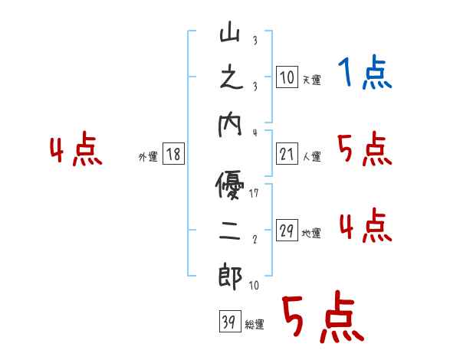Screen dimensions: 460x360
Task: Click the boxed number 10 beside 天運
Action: pos(287,77)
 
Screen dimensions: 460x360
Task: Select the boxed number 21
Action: pos(287,154)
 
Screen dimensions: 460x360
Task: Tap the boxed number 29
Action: pos(287,231)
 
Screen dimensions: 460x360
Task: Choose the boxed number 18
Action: pos(173,154)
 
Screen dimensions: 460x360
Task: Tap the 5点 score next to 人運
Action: pos(365,150)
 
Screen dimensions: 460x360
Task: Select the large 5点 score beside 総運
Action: pos(321,319)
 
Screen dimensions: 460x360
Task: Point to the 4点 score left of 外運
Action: pos(76,150)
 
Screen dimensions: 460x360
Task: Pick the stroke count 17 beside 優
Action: pos(254,193)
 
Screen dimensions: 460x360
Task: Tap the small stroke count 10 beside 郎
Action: pos(254,285)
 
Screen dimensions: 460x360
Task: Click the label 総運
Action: pos(255,325)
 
